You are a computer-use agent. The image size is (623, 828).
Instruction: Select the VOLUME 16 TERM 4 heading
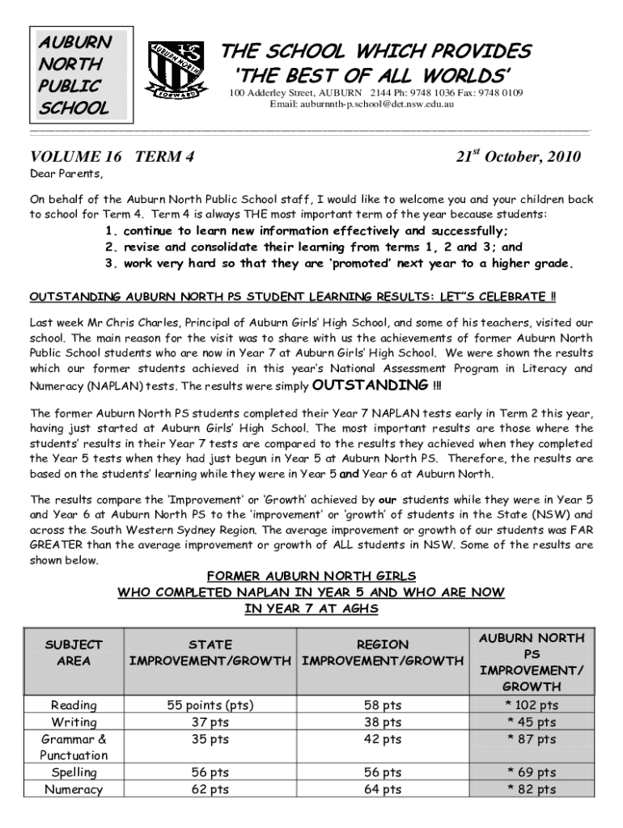(x=112, y=158)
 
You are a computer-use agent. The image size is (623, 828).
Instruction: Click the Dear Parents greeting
(x=66, y=175)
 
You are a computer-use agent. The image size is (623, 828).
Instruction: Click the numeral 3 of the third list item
(x=110, y=264)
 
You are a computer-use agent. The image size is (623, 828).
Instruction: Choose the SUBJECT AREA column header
(x=74, y=653)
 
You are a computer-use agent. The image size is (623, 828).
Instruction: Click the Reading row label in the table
(x=74, y=705)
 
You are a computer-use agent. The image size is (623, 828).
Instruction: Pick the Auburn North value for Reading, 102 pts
(x=531, y=705)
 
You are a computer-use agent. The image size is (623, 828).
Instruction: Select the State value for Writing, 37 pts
(x=210, y=722)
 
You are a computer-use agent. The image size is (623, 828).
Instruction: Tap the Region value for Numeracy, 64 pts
(x=383, y=790)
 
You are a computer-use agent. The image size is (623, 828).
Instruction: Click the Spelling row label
(x=74, y=773)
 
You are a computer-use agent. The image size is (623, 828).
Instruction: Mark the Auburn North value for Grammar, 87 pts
(x=531, y=739)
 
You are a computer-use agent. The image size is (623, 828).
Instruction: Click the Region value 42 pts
(x=383, y=739)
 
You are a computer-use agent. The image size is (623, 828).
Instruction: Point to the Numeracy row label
(x=74, y=790)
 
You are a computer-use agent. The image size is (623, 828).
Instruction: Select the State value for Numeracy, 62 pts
(x=210, y=790)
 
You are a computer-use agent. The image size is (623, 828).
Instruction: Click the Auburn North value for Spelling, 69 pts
(x=531, y=773)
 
